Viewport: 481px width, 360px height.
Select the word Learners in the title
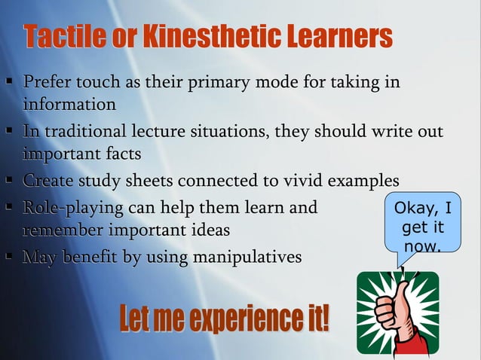click(335, 36)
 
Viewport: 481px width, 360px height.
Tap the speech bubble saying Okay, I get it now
click(422, 224)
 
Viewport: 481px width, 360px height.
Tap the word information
click(69, 103)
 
